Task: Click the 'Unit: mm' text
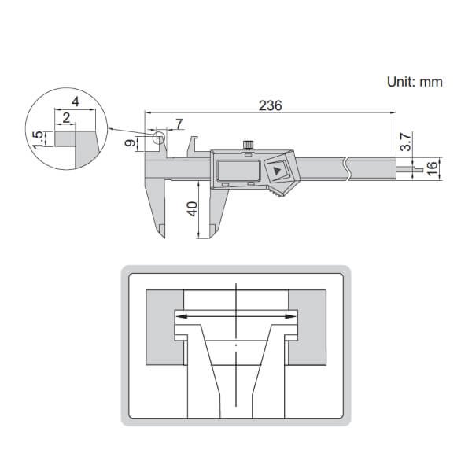pos(415,81)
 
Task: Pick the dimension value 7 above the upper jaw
pos(179,124)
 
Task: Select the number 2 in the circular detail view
pos(67,118)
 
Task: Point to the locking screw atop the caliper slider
pos(249,144)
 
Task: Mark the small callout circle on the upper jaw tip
pos(160,139)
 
